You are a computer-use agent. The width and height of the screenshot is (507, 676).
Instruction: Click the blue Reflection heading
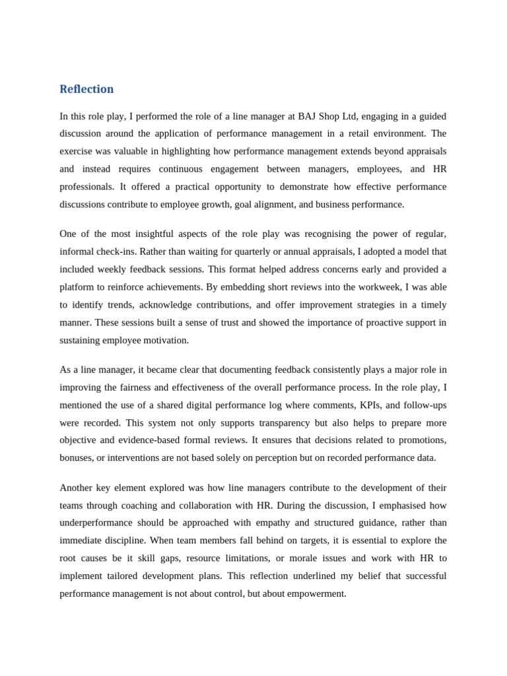click(86, 89)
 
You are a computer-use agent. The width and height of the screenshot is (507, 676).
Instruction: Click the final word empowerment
click(314, 593)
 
